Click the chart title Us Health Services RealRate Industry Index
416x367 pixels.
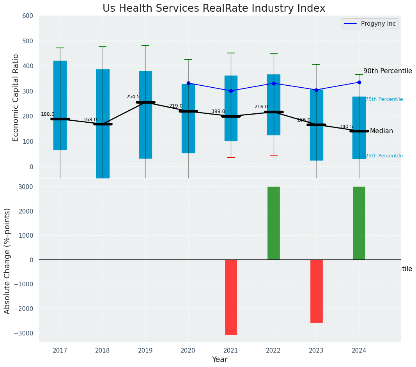click(x=214, y=9)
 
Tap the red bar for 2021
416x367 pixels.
click(x=231, y=297)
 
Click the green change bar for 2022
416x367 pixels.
click(x=274, y=223)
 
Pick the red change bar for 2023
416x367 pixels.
click(x=316, y=291)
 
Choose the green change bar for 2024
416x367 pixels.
click(x=359, y=223)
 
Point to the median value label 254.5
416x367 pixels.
click(x=133, y=97)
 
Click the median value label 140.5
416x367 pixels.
click(x=346, y=127)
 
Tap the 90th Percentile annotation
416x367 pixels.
click(x=388, y=71)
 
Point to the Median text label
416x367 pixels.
click(x=381, y=131)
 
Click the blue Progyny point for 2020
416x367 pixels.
click(x=188, y=83)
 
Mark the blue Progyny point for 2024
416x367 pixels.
click(x=359, y=82)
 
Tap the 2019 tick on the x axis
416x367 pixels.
click(x=145, y=351)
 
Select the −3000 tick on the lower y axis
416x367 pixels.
click(x=24, y=333)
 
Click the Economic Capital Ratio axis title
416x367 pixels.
click(x=16, y=97)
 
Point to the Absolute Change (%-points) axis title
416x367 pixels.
click(x=7, y=261)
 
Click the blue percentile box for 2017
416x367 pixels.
click(x=60, y=105)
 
